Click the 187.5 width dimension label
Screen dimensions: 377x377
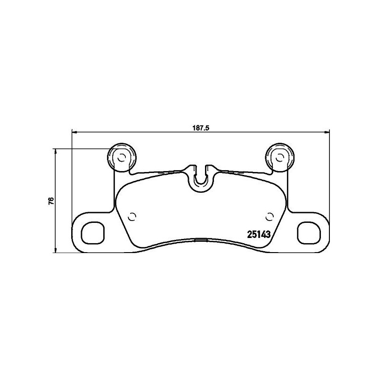click(x=200, y=126)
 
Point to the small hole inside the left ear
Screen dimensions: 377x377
click(x=121, y=157)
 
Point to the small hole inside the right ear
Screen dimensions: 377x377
click(x=280, y=157)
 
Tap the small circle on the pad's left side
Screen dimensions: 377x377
click(x=132, y=217)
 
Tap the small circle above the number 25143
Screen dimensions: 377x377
click(x=270, y=217)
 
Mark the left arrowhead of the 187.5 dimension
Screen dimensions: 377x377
click(x=74, y=131)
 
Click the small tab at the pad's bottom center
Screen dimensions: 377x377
click(x=201, y=239)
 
